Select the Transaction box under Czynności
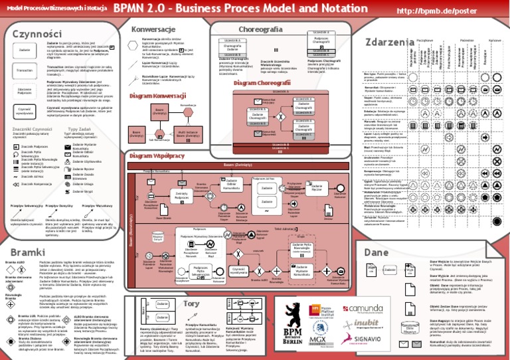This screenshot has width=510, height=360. pyautogui.click(x=25, y=70)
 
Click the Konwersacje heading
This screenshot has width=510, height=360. pyautogui.click(x=153, y=30)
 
